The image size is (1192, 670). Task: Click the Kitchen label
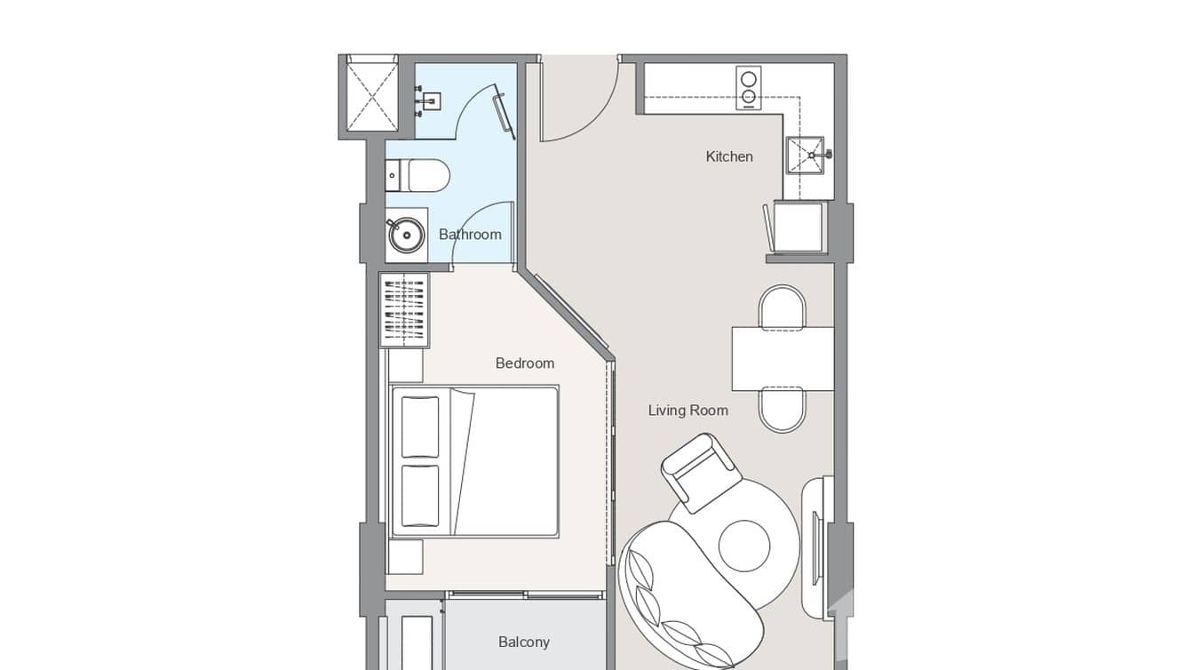coord(728,156)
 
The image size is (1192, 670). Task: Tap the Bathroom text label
coord(470,235)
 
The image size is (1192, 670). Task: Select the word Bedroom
coord(524,363)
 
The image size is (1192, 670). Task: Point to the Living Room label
coord(687,411)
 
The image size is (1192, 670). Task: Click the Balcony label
coord(523,642)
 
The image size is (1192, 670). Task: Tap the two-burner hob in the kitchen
coord(749,88)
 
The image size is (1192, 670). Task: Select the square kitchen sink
coord(805,156)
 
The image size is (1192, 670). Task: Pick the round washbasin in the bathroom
coord(407,235)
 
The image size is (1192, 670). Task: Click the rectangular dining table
coord(782,359)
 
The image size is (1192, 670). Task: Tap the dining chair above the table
coord(782,307)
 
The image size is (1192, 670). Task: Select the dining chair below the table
coord(782,411)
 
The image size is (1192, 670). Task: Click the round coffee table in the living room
coord(743,546)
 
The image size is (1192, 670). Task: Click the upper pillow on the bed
coord(419,427)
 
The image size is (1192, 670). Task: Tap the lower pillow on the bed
coord(419,496)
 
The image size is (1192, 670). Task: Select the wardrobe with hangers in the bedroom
coord(404,310)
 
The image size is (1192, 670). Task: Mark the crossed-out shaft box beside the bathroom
coord(371,93)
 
